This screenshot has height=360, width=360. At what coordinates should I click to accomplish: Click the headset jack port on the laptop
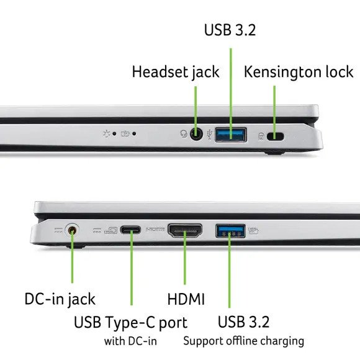[x=196, y=134]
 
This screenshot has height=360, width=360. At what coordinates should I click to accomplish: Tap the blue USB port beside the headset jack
[x=231, y=135]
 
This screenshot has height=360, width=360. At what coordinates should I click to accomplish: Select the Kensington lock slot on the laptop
[x=276, y=137]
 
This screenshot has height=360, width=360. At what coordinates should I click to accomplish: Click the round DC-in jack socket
[x=72, y=230]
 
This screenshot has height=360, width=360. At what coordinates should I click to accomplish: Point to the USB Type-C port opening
[x=130, y=230]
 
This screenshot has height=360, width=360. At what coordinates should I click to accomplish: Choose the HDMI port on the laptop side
[x=185, y=231]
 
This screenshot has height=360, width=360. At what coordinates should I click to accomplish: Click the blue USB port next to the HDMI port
[x=230, y=231]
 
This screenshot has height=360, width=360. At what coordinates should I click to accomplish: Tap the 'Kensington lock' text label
[x=299, y=72]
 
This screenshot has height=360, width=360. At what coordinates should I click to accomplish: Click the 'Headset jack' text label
[x=176, y=72]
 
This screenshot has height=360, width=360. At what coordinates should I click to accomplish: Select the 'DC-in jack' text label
[x=60, y=299]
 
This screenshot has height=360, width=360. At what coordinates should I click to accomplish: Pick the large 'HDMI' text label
[x=186, y=299]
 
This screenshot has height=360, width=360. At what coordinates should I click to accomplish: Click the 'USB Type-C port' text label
[x=130, y=322]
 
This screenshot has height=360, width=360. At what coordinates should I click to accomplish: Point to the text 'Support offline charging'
[x=243, y=341]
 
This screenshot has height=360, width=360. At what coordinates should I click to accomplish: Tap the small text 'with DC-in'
[x=130, y=341]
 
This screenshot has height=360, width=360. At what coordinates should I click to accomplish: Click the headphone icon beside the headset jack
[x=184, y=133]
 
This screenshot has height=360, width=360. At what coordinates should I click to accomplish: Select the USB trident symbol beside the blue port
[x=210, y=135]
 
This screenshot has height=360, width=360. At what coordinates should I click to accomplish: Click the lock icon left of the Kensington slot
[x=261, y=136]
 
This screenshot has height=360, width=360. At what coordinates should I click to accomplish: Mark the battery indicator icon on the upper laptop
[x=125, y=133]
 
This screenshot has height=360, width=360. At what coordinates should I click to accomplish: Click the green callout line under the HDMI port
[x=185, y=258]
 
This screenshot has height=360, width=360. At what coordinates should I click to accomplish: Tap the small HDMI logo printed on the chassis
[x=155, y=229]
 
